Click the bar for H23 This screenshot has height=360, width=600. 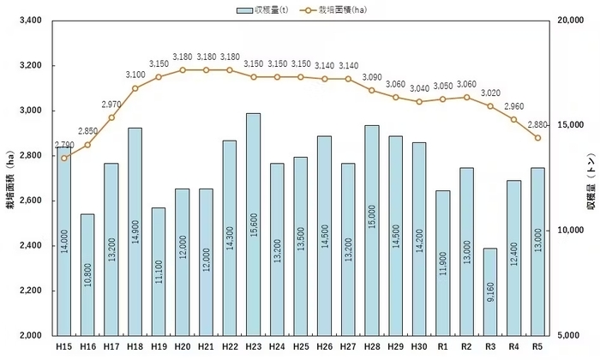pyautogui.click(x=253, y=223)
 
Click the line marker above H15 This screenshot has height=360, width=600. pyautogui.click(x=64, y=158)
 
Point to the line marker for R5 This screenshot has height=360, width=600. pyautogui.click(x=537, y=138)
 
